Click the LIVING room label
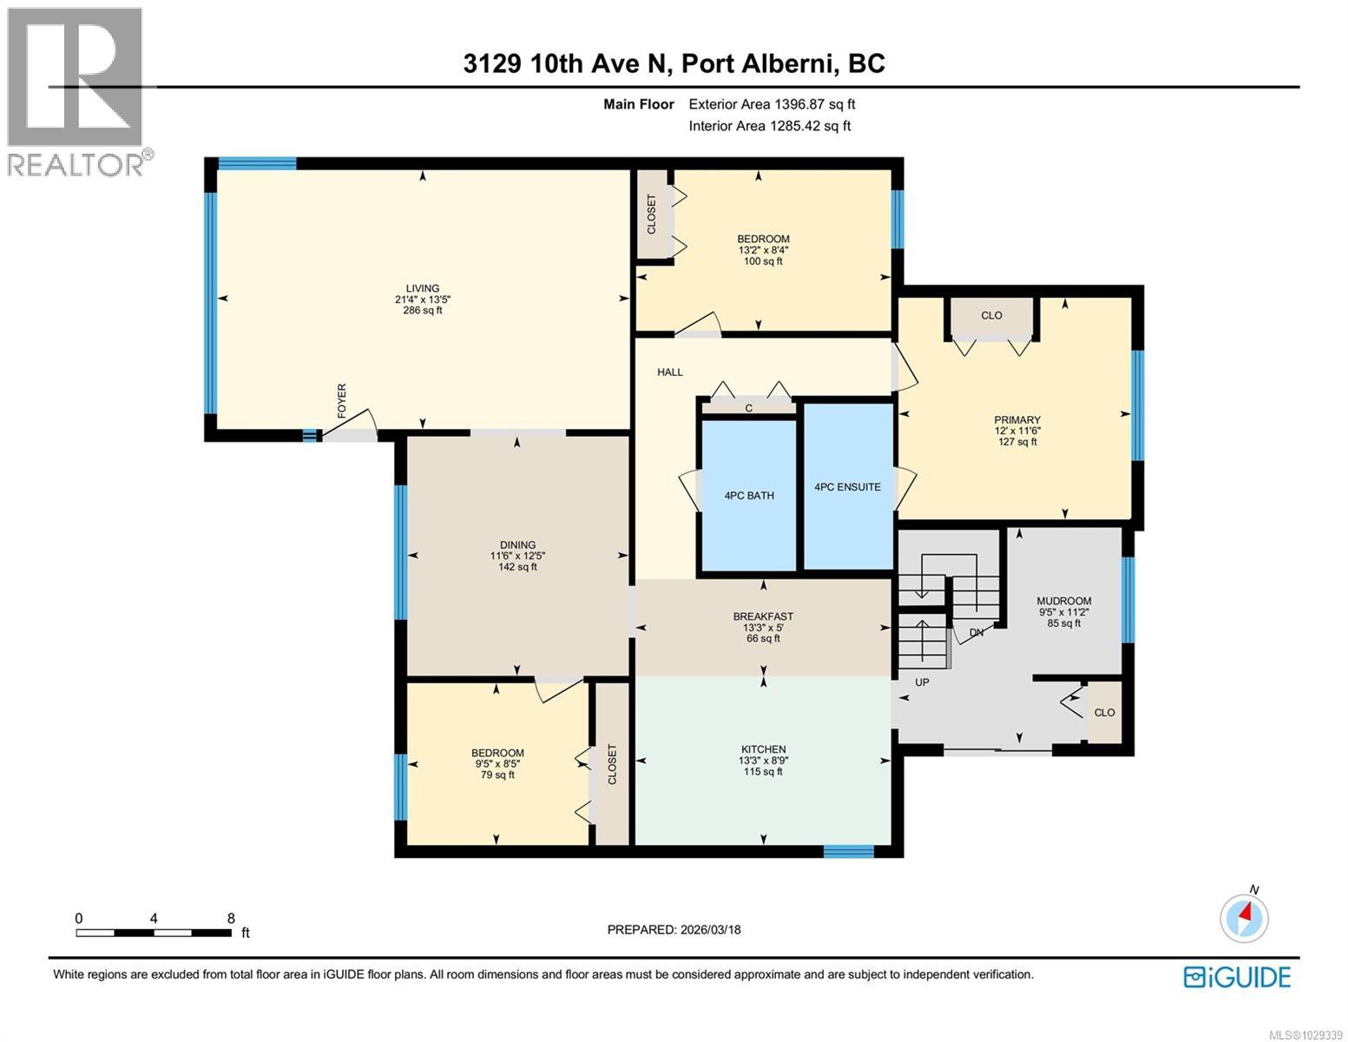pos(423,289)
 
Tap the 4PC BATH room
pos(749,496)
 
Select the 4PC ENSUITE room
pos(847,487)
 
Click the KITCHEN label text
pos(763,749)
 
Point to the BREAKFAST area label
pos(763,617)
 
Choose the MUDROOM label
pos(1063,601)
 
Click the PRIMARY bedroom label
pos(1017,420)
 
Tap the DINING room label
pos(517,545)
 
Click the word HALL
pos(670,373)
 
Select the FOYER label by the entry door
pos(341,400)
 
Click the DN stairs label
pos(976,633)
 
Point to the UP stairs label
pos(922,683)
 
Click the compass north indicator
pos(1245,916)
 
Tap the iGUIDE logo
pos(1237,977)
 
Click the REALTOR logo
pos(76,91)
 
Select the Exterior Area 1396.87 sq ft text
pos(772,104)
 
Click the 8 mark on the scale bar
pos(231,919)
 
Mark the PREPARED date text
pos(674,930)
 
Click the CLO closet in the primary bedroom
pos(991,316)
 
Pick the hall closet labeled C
pos(748,407)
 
